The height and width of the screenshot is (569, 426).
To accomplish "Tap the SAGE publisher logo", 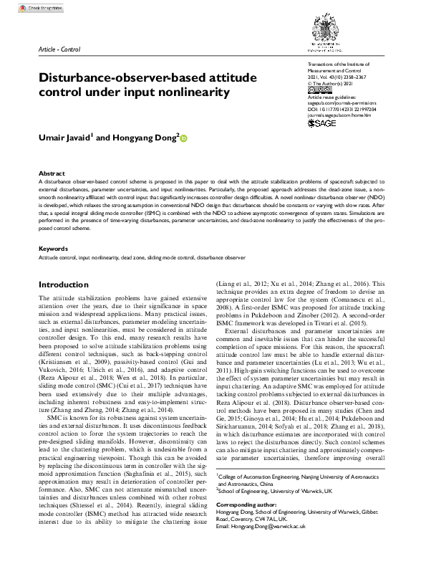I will tap(321, 123).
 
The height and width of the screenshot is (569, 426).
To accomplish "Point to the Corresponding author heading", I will tap(248, 505).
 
